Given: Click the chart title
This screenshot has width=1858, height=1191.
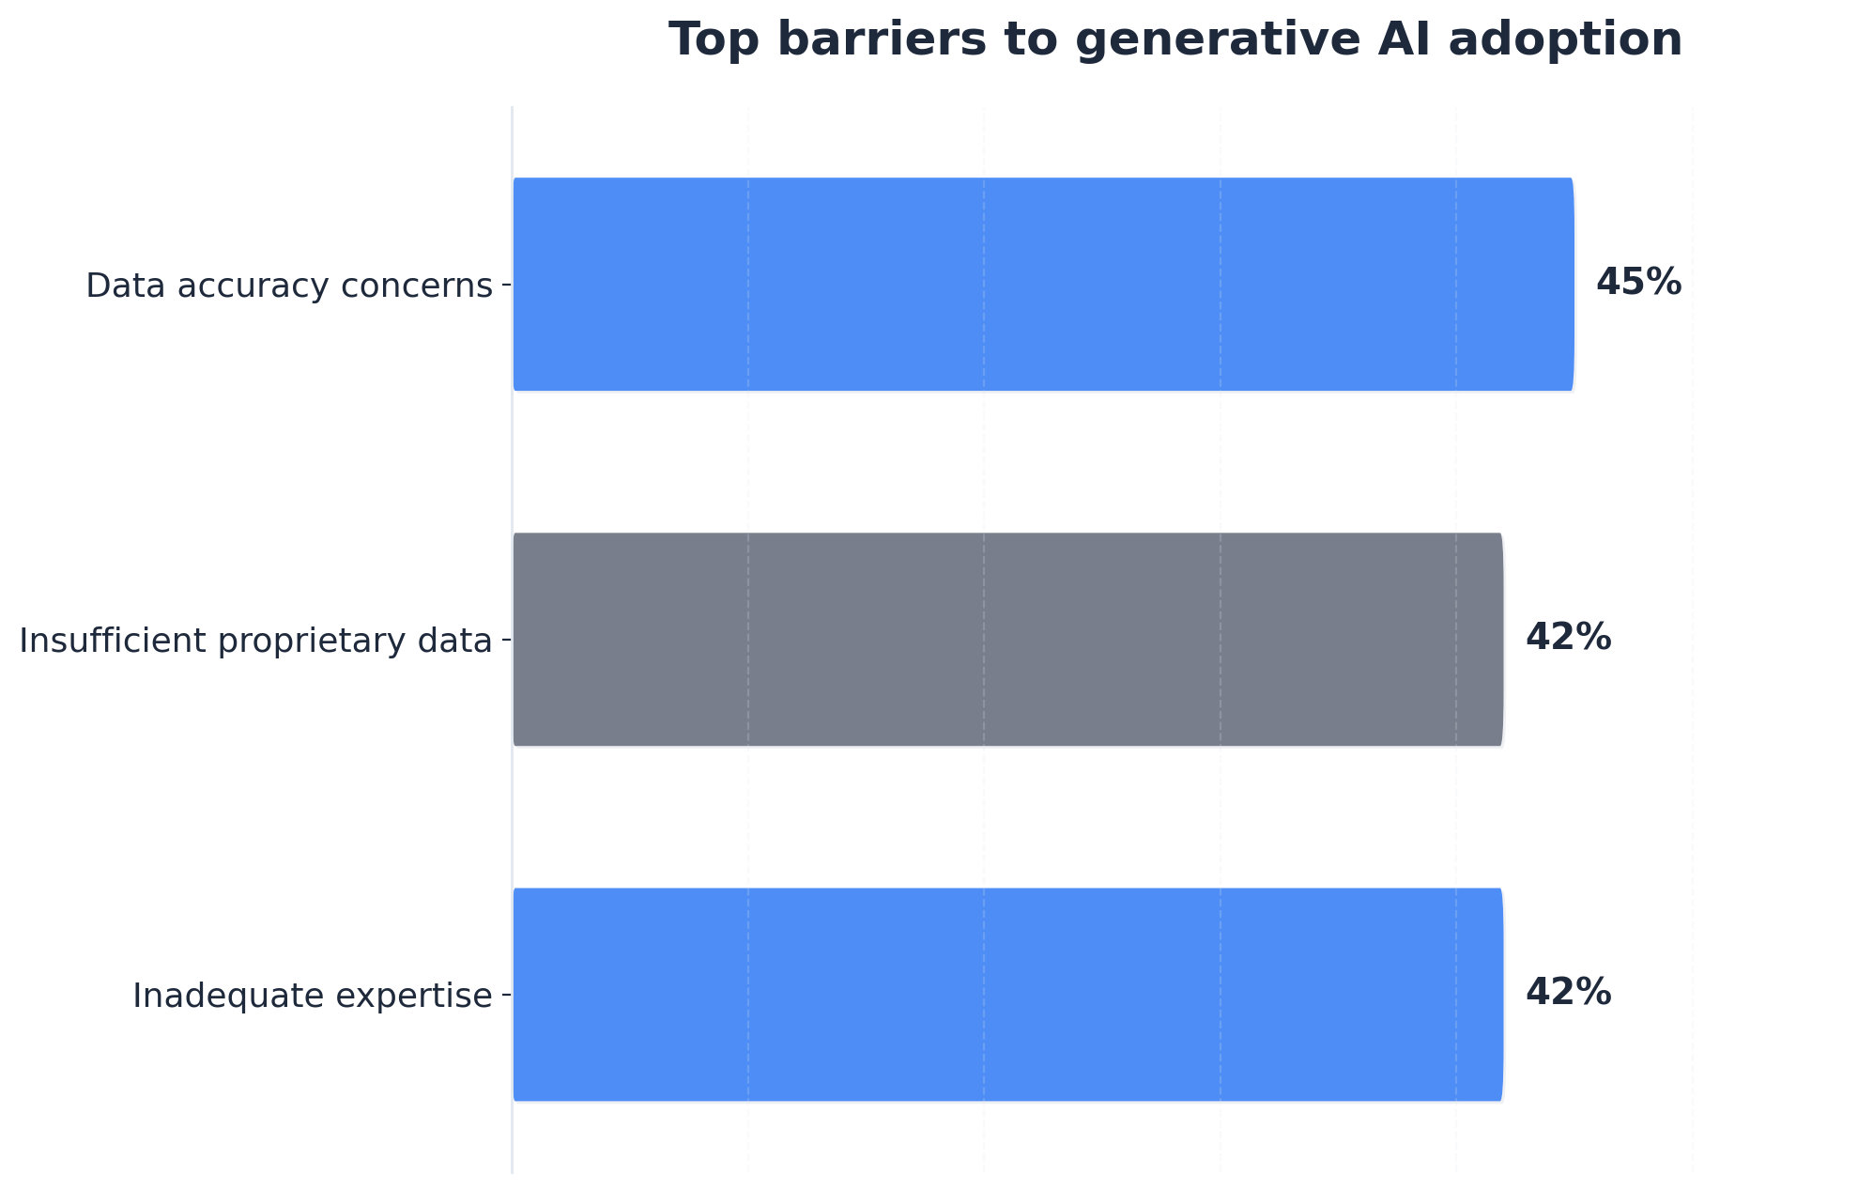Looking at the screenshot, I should point(1175,40).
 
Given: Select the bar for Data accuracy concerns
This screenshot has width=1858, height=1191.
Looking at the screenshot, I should point(1042,284).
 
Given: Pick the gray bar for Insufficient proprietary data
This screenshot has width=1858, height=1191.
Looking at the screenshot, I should point(1007,639).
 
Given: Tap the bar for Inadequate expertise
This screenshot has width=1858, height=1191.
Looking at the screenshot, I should point(1007,994).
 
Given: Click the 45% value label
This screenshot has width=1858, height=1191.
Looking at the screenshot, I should point(1638,282).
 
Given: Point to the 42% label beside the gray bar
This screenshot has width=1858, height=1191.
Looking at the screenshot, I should point(1568,637).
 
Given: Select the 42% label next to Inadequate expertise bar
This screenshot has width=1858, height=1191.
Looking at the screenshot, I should point(1568,992).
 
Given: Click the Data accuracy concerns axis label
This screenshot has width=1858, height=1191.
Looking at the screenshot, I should point(288,286).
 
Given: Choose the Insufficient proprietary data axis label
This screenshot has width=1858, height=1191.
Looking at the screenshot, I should point(255,641).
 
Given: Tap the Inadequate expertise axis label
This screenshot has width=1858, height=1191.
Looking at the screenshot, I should point(312,996).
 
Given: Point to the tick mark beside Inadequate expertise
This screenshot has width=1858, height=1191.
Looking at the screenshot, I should point(506,994).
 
